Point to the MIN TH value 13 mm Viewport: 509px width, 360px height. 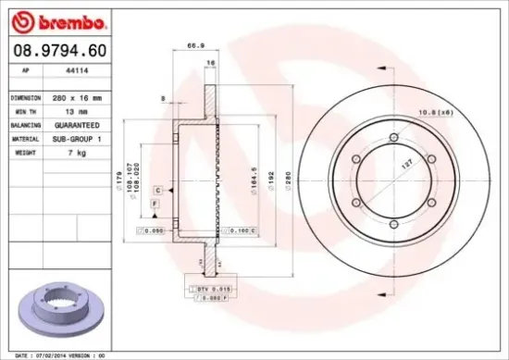tap(64, 111)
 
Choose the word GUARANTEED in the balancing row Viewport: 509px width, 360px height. tap(70, 124)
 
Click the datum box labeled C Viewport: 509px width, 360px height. tap(158, 189)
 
